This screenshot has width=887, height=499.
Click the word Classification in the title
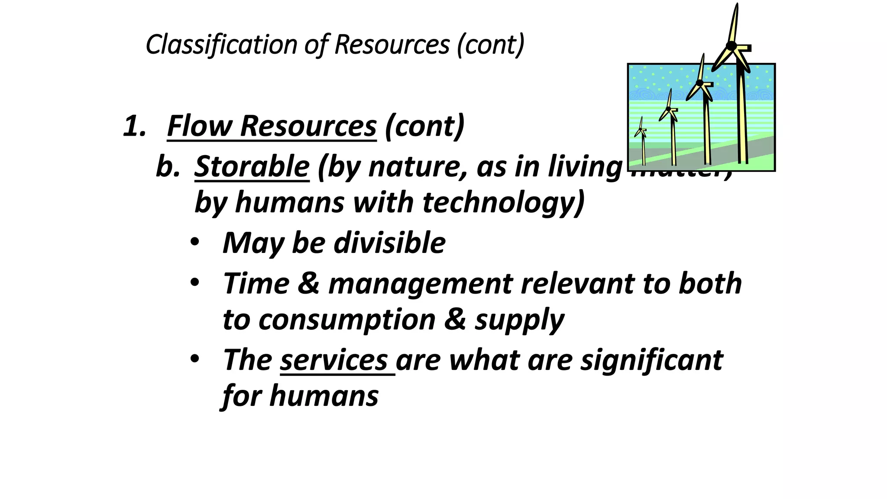click(221, 45)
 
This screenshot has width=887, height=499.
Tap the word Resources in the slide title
click(392, 45)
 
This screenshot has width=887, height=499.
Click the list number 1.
click(134, 126)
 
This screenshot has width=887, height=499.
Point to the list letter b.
click(167, 166)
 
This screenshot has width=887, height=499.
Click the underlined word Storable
click(252, 166)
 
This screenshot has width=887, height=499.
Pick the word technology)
click(503, 203)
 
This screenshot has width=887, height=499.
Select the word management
click(421, 284)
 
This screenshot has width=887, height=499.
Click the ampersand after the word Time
click(308, 284)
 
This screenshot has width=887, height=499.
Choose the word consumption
click(347, 320)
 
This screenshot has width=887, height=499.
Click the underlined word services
click(334, 360)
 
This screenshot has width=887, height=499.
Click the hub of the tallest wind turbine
click(731, 46)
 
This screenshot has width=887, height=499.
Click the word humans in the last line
click(324, 396)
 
